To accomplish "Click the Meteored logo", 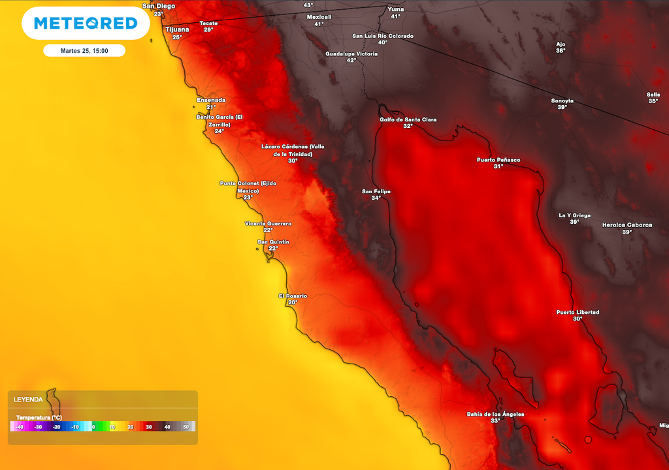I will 86,23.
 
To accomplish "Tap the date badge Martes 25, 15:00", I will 84,50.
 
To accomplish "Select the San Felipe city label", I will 376,191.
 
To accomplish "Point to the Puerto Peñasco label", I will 498,159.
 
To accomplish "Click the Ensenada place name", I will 211,100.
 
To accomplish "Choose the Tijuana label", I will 177,29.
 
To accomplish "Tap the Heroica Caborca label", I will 627,225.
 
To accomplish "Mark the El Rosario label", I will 293,296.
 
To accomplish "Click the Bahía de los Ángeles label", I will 495,414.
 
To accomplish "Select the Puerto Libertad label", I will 578,312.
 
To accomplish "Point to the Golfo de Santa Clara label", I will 408,119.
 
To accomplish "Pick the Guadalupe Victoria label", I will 351,54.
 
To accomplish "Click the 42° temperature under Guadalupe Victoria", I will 351,61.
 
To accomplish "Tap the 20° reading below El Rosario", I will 293,303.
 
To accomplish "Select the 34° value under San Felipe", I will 376,198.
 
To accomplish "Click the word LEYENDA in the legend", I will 28,399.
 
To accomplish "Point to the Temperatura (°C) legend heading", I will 39,417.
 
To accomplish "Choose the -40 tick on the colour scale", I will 20,427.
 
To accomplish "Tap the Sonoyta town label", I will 562,101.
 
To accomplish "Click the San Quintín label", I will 273,242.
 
